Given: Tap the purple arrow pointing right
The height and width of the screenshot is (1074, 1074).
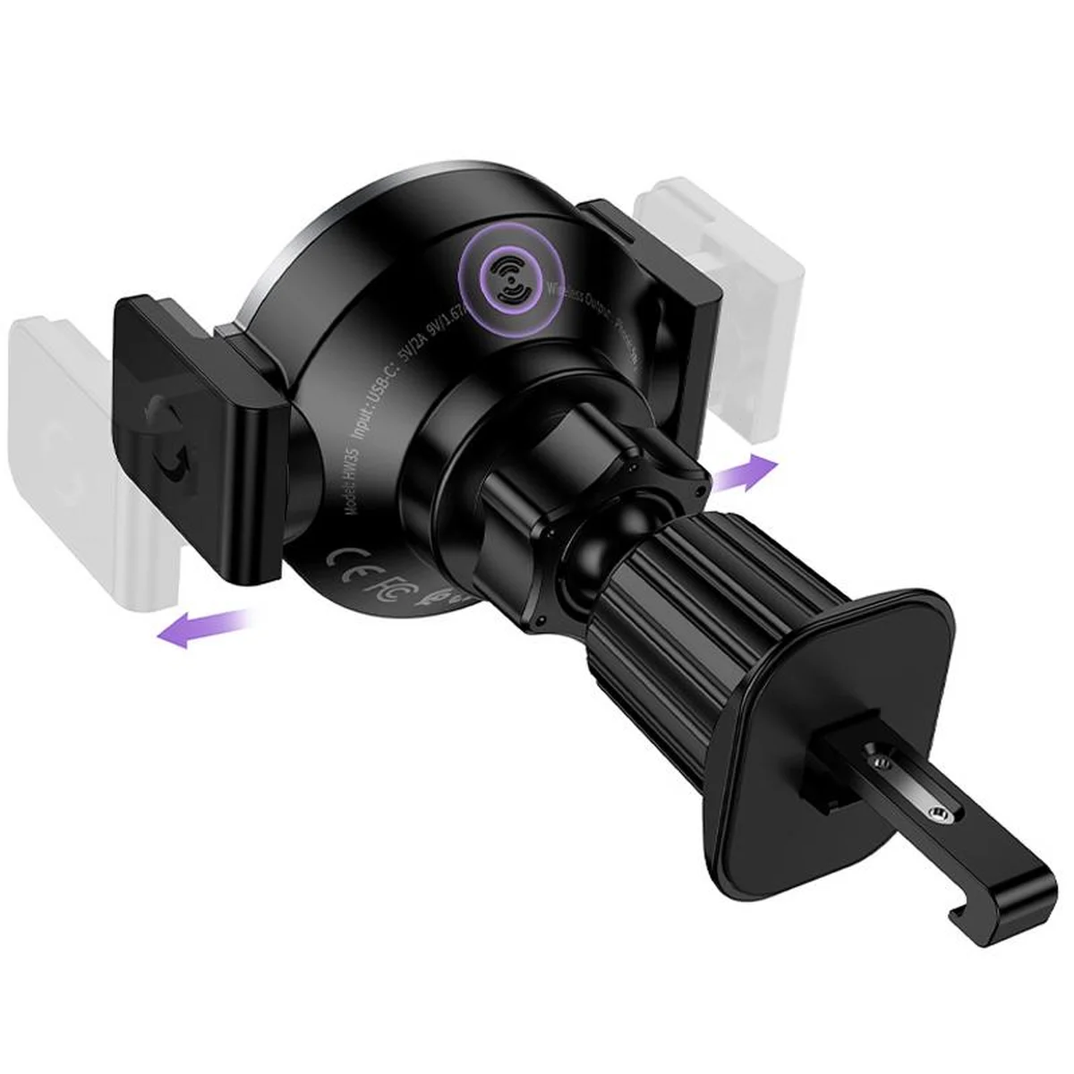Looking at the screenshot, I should pyautogui.click(x=746, y=472).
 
